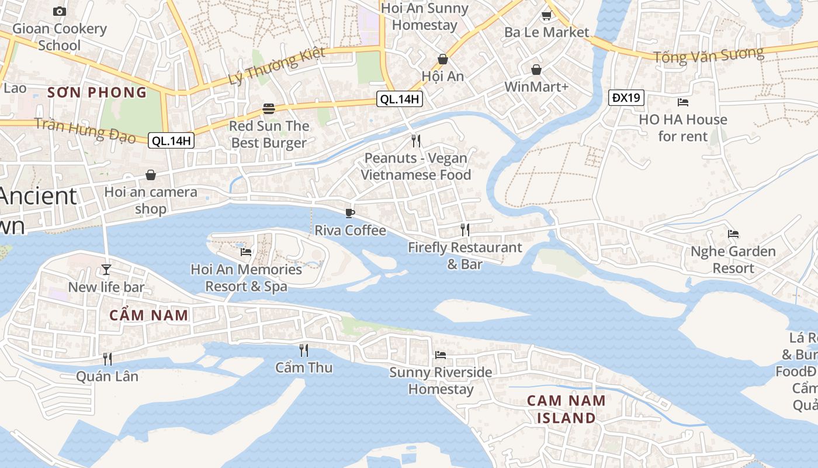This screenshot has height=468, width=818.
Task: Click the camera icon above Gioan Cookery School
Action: pyautogui.click(x=59, y=11)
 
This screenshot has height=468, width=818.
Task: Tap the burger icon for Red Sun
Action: pyautogui.click(x=269, y=108)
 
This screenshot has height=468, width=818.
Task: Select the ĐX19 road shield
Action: pyautogui.click(x=626, y=98)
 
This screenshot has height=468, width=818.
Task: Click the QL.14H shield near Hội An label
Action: pyautogui.click(x=400, y=99)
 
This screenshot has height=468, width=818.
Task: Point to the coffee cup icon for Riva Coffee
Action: pyautogui.click(x=350, y=213)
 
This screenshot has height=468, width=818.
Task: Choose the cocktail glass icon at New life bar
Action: pyautogui.click(x=106, y=269)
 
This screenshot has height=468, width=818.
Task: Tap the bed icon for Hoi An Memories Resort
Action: pyautogui.click(x=246, y=252)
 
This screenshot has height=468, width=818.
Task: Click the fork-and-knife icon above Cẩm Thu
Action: pyautogui.click(x=304, y=350)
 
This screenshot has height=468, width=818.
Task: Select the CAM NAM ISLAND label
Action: pyautogui.click(x=561, y=409)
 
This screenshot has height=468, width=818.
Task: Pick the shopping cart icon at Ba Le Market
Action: pyautogui.click(x=546, y=15)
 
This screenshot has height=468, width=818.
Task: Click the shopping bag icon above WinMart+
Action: pyautogui.click(x=536, y=70)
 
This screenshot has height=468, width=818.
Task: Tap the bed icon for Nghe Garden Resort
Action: pyautogui.click(x=733, y=234)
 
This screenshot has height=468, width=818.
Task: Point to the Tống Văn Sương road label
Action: pyautogui.click(x=708, y=56)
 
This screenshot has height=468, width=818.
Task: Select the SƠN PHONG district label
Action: pyautogui.click(x=97, y=92)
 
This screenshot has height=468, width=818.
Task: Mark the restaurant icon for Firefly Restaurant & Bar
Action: pyautogui.click(x=465, y=229)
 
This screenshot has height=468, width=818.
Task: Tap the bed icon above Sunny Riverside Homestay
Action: pyautogui.click(x=441, y=355)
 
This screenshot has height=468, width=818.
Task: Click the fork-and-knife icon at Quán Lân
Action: pyautogui.click(x=108, y=359)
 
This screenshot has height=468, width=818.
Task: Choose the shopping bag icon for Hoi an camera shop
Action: pyautogui.click(x=151, y=175)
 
